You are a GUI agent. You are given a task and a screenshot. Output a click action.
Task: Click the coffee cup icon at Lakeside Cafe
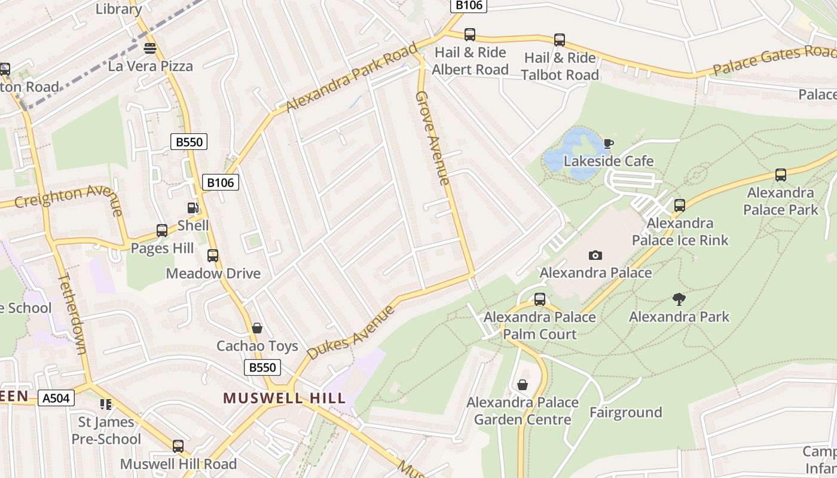click(x=608, y=143)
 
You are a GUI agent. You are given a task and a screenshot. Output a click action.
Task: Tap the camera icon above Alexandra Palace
click(x=595, y=255)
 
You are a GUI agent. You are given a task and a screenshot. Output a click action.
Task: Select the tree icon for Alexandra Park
click(x=679, y=299)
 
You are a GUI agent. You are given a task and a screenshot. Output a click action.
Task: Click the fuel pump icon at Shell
click(x=193, y=208)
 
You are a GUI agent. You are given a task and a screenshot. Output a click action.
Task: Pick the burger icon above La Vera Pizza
click(x=150, y=48)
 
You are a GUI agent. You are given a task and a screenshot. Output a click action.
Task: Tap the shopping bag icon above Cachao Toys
click(x=257, y=328)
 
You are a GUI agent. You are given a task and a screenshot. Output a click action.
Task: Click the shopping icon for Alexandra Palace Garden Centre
click(x=523, y=385)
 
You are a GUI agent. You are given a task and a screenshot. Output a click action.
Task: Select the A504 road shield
click(x=56, y=398)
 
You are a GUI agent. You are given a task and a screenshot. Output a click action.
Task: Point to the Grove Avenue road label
click(x=432, y=138)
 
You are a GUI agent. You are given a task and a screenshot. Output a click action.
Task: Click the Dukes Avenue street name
click(x=352, y=332)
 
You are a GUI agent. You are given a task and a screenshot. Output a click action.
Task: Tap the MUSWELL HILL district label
click(x=285, y=398)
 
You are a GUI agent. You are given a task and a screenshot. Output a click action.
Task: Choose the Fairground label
click(x=625, y=412)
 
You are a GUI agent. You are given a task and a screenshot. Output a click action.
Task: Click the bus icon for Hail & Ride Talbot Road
click(x=559, y=40)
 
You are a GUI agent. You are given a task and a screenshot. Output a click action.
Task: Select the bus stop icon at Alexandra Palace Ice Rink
click(x=679, y=206)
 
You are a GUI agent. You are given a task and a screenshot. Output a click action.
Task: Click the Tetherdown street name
click(x=73, y=313)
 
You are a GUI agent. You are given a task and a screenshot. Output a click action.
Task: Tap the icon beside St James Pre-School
click(x=106, y=405)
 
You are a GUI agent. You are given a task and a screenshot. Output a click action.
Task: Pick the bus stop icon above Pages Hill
click(x=161, y=231)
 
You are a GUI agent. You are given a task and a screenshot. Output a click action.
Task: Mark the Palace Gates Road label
click(x=774, y=60)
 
